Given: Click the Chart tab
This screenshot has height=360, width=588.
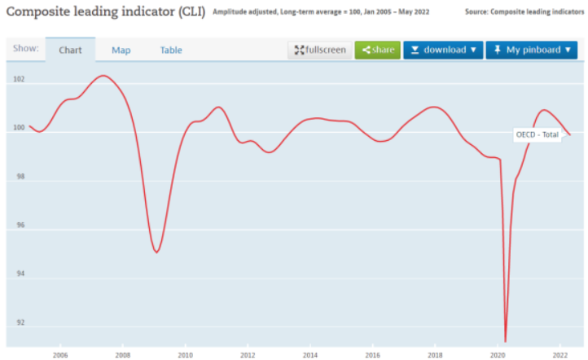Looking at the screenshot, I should click(70, 50).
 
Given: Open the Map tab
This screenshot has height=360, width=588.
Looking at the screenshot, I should click(121, 50).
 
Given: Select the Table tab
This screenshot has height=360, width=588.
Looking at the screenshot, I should click(171, 50).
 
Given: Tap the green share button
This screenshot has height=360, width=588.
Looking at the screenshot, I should click(377, 50).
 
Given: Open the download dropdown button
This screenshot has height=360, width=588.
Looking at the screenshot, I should click(443, 50).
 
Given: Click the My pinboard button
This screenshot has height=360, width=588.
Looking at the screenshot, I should click(531, 50).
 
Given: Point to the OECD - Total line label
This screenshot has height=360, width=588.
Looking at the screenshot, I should click(538, 134).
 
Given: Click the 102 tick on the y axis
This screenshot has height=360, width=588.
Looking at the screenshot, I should click(20, 80).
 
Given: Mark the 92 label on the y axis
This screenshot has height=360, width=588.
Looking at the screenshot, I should click(20, 323).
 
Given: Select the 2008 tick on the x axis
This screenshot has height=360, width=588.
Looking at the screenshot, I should click(123, 355).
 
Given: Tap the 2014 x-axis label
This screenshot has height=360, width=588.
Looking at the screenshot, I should click(310, 355).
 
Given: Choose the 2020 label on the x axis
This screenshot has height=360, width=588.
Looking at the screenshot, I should click(498, 355).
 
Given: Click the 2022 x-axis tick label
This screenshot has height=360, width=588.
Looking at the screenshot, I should click(560, 355).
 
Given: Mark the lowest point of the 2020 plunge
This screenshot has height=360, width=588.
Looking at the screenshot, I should click(506, 341).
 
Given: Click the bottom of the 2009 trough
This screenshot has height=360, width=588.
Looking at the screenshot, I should click(156, 252).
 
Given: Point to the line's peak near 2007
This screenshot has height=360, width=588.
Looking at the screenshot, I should click(103, 76).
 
